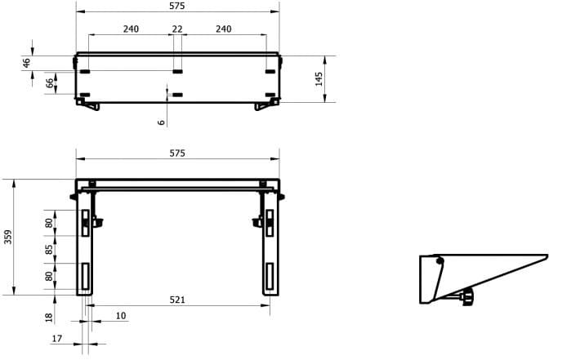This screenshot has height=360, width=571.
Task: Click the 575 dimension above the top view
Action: coord(177,6)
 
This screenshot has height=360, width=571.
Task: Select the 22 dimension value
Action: coord(177,29)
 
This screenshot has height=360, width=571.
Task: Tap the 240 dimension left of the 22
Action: coord(131,29)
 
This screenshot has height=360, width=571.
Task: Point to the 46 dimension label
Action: coord(26,62)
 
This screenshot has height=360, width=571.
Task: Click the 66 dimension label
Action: coord(50,82)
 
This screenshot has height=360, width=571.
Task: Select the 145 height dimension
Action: coord(319,78)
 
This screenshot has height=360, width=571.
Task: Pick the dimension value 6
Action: coord(162,122)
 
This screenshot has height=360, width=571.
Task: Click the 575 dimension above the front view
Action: coord(177,153)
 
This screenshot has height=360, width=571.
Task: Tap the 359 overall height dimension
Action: coord(8,237)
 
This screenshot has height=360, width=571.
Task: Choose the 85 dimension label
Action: coord(50,249)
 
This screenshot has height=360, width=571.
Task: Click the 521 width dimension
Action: coord(177,300)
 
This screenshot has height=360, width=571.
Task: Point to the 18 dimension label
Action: coord(50,317)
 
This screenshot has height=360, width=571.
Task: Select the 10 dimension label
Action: coord(121,315)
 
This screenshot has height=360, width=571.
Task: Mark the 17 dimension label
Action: coord(56,338)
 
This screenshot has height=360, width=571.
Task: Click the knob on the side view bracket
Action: coord(468,297)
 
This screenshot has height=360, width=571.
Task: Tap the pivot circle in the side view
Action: coord(439,261)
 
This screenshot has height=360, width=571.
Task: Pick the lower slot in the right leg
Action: coord(269,278)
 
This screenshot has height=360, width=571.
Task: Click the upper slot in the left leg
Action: coord(86,220)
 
